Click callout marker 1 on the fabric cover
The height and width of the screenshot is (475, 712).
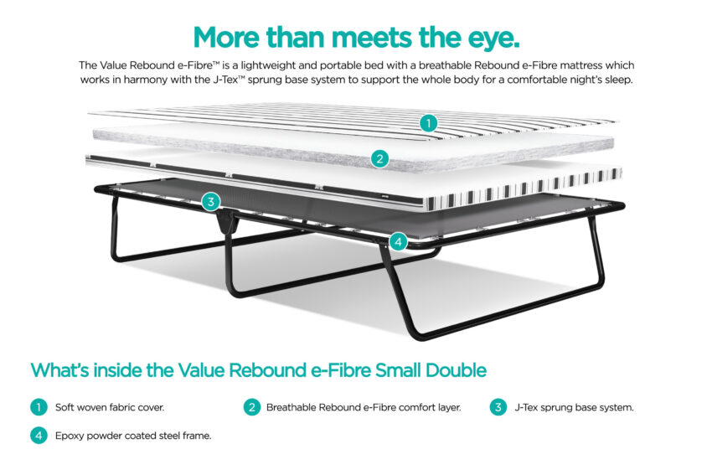[428, 123]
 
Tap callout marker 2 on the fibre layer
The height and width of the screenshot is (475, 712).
[379, 159]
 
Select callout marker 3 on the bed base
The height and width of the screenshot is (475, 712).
[211, 202]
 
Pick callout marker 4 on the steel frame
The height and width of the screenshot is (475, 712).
[398, 241]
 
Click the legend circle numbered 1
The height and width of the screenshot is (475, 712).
[39, 407]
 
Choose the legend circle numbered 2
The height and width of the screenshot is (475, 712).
[252, 407]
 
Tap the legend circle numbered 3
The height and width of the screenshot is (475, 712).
[498, 407]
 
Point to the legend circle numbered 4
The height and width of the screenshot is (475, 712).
[39, 436]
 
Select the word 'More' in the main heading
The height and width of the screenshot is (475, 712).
[227, 37]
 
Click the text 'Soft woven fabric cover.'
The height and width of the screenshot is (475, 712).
[110, 407]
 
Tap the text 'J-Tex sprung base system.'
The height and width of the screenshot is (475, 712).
[574, 407]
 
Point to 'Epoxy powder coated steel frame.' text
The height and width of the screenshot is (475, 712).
[133, 436]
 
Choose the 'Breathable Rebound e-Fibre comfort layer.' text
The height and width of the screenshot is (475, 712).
[364, 407]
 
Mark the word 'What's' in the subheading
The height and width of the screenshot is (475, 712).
[59, 370]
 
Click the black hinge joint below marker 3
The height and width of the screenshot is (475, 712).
[227, 222]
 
